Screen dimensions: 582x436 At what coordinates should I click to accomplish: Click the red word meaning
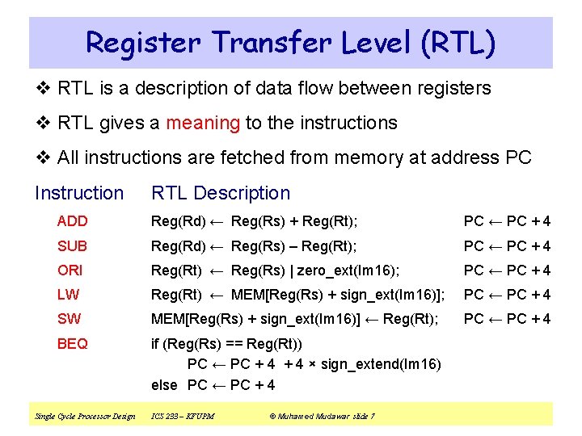coord(203,123)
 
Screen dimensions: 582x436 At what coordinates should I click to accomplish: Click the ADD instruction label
coord(72,221)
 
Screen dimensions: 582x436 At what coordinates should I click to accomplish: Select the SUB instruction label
coord(72,245)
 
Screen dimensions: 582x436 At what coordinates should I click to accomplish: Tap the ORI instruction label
coord(70,270)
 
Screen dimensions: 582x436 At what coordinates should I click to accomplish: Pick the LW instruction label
coord(67,295)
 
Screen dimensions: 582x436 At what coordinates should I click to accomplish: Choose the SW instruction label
coord(69,319)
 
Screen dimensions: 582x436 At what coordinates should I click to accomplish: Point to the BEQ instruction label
coord(72,344)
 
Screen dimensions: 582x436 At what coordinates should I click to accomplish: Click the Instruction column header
coord(79,193)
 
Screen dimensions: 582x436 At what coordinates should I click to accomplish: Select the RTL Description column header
coord(220,193)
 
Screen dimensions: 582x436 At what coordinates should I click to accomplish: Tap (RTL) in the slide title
coord(457,43)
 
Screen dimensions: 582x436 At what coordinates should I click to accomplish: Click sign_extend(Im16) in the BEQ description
coord(381,364)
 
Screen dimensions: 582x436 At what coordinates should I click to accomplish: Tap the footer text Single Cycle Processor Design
coord(85,416)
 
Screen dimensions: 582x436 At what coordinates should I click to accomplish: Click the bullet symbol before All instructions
coord(44,157)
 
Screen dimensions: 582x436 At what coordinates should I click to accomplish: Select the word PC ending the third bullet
coord(517,157)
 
